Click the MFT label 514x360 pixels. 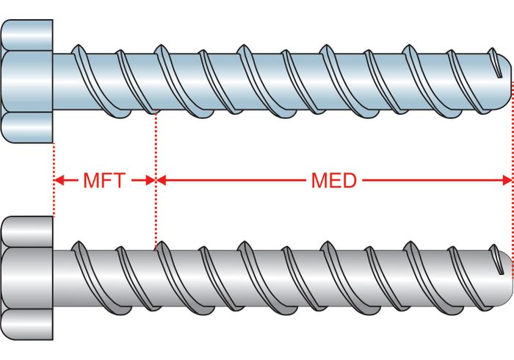coord(104,180)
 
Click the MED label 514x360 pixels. coord(333,180)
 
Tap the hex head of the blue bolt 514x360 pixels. coord(27,81)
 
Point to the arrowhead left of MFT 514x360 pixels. coord(59,180)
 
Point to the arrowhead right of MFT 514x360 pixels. coord(150,180)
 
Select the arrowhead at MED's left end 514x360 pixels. coord(162,180)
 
